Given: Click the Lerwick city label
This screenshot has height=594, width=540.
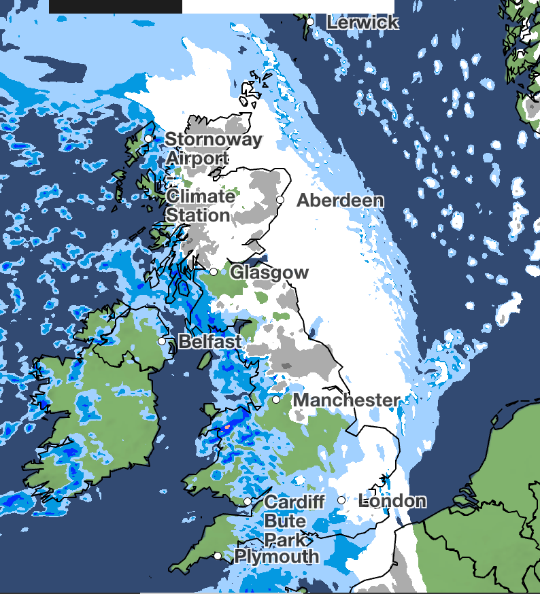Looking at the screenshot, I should point(362,22).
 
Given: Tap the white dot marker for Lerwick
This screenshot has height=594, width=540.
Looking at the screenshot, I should point(309,22).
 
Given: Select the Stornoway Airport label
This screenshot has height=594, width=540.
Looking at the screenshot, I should point(213,149).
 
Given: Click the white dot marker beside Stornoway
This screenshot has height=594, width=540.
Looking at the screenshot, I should point(148,139).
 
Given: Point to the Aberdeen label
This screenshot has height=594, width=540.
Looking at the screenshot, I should point(340,200).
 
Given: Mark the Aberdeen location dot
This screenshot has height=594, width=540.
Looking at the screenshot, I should point(280,200).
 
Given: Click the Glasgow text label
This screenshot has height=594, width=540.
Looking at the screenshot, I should point(269,273).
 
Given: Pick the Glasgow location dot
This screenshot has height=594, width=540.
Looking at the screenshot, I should point(214,272).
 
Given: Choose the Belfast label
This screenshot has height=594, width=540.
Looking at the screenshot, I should point(209,341).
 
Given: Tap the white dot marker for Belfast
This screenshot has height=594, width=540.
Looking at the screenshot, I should point(162,341).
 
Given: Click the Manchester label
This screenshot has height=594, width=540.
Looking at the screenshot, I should point(345,400).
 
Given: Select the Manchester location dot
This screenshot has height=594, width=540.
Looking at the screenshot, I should point(276,400).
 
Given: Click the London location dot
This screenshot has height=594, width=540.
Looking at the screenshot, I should point(341,500).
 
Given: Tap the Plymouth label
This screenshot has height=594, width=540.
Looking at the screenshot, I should point(276,557).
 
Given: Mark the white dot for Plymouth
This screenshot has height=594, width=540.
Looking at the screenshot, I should point(217,556).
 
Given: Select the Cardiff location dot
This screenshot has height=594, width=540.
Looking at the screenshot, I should point(248,502).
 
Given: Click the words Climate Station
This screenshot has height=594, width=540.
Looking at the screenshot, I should point(200,206).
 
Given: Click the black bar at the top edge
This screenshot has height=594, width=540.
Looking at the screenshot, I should point(116,6).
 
